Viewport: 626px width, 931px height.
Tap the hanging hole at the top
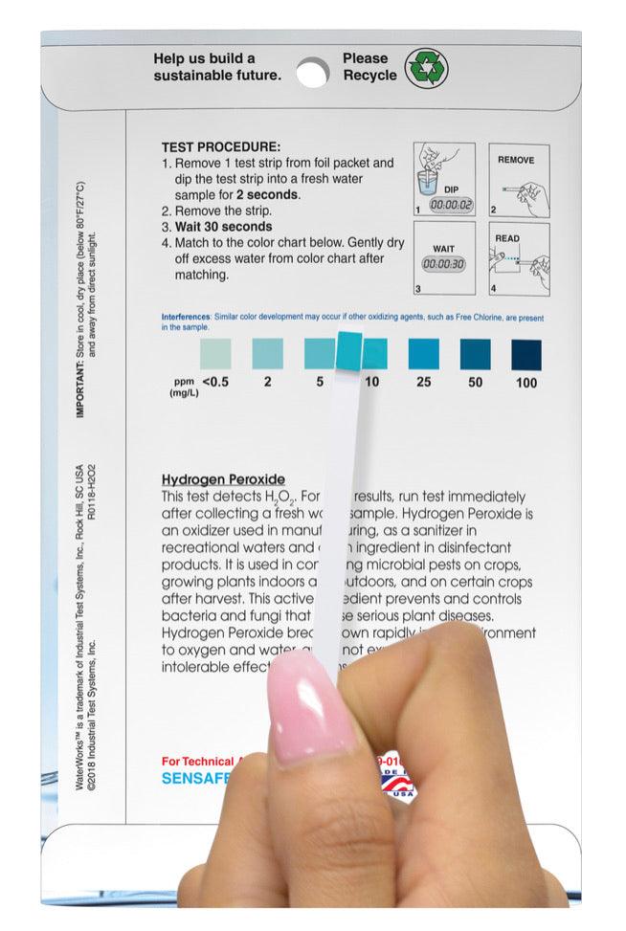(x=312, y=71)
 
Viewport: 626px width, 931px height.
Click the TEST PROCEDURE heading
(x=220, y=147)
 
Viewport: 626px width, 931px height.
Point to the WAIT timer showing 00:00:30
(x=444, y=264)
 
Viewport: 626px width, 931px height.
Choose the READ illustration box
(x=519, y=258)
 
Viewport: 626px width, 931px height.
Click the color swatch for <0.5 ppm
(x=214, y=354)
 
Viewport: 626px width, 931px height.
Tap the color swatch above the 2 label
(x=267, y=354)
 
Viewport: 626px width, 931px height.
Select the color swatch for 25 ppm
(x=423, y=354)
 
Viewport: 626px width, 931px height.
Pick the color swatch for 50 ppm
(x=475, y=354)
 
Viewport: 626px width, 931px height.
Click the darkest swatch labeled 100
(x=525, y=354)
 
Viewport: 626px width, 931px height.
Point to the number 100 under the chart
(x=525, y=383)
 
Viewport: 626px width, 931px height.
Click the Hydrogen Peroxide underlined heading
(x=223, y=479)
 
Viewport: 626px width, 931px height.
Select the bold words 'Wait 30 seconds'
(x=223, y=227)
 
